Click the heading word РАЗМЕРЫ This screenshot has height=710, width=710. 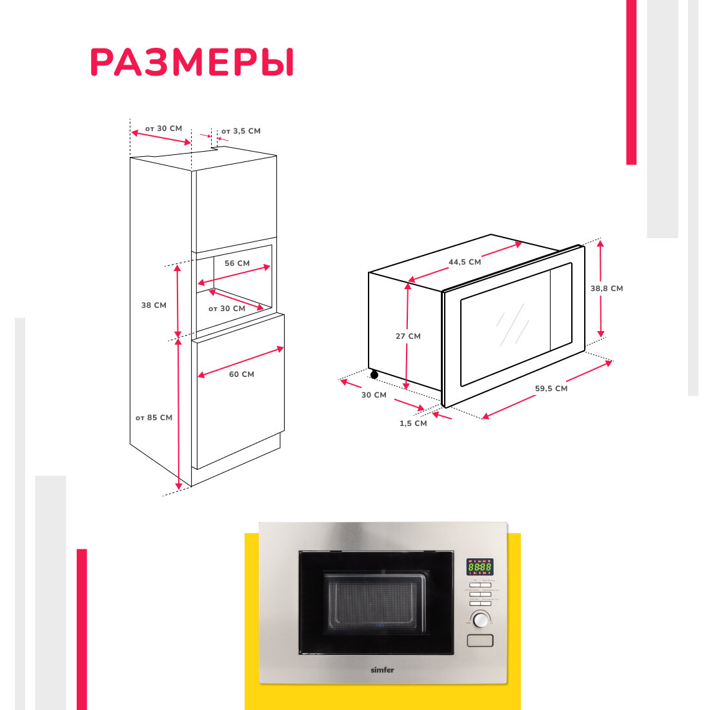[x=192, y=63]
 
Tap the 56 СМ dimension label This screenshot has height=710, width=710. [x=237, y=263]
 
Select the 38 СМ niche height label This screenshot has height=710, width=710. [x=154, y=305]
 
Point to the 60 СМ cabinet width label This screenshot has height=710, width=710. [x=241, y=374]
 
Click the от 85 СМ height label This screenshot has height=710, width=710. [x=154, y=418]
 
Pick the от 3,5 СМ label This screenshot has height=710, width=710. [x=241, y=131]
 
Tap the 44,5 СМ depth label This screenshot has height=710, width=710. [x=465, y=262]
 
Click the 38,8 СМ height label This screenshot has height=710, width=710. [x=607, y=289]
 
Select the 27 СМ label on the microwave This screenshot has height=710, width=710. [x=408, y=336]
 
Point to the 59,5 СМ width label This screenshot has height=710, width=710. [x=551, y=389]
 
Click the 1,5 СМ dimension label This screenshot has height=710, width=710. [x=413, y=423]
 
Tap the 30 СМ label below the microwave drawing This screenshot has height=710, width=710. [x=374, y=395]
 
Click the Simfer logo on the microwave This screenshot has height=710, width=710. [x=382, y=670]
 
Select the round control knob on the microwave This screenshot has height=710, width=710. [x=480, y=620]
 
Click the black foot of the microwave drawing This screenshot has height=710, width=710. [x=374, y=375]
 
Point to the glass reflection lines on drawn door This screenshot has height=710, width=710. [x=513, y=323]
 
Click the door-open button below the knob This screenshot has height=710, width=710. [x=480, y=640]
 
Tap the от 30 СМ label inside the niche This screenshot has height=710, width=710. [x=227, y=309]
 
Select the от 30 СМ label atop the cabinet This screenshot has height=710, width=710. [x=163, y=128]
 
